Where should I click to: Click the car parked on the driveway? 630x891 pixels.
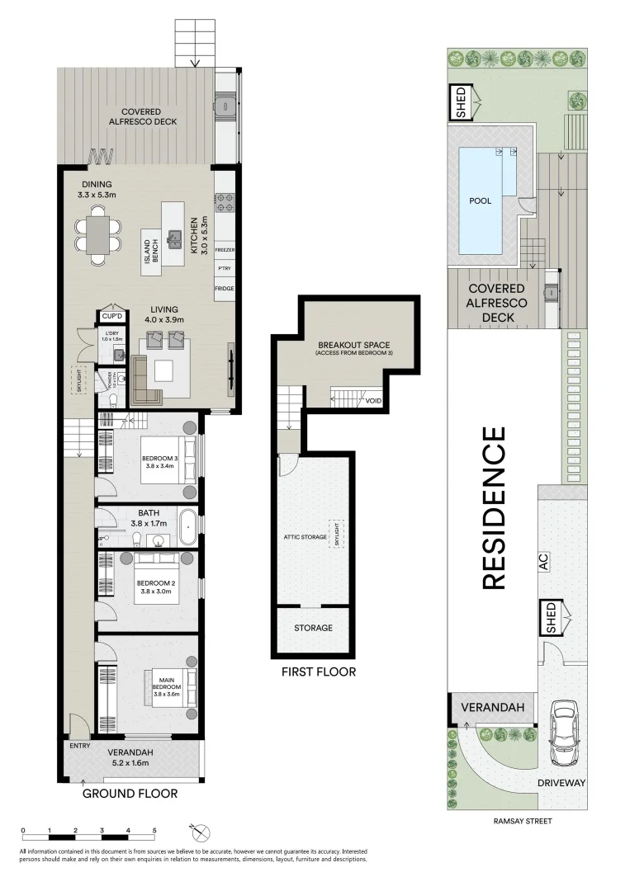tap(564, 733)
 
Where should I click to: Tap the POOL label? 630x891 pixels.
tap(481, 200)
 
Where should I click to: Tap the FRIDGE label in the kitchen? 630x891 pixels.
tap(225, 289)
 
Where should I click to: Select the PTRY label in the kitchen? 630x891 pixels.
tap(225, 269)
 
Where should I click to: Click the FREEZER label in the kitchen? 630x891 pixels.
tap(225, 249)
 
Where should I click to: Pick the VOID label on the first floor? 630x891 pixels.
tap(374, 401)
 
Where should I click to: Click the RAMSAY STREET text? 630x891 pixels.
tap(522, 821)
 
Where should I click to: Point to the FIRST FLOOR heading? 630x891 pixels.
tap(319, 672)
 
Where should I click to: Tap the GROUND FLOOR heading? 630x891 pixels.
tap(130, 794)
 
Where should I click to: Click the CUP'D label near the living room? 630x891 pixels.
tap(112, 316)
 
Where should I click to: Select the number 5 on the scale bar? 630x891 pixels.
tap(154, 830)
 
